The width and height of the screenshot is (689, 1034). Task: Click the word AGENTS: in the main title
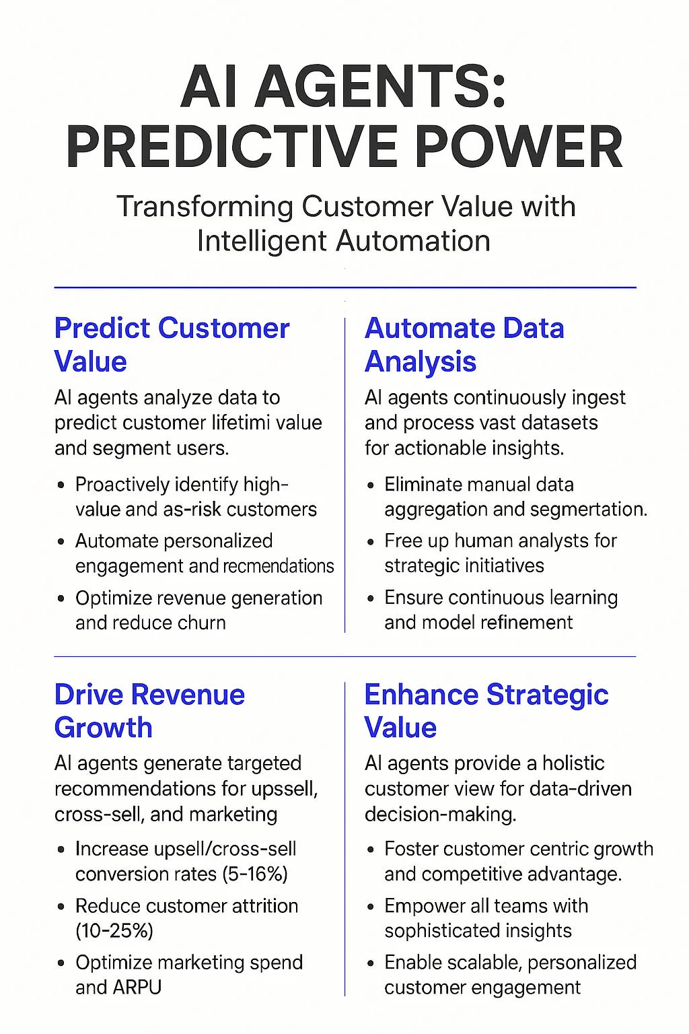pos(380,88)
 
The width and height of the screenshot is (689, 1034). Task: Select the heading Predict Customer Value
pos(172,345)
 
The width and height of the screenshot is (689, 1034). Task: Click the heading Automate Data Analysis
pos(464,345)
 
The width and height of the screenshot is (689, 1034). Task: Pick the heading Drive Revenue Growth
pos(149,711)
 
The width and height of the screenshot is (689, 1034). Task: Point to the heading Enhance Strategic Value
pos(486,711)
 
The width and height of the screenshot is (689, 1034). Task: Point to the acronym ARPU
pos(137,988)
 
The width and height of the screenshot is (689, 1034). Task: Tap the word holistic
pos(573,763)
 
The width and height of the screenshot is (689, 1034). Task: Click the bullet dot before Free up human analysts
pos(371,542)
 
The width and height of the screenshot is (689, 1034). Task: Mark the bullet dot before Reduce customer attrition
pos(62,907)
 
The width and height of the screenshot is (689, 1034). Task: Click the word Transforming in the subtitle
pos(205,207)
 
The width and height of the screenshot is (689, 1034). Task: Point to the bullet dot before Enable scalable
pos(371,963)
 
